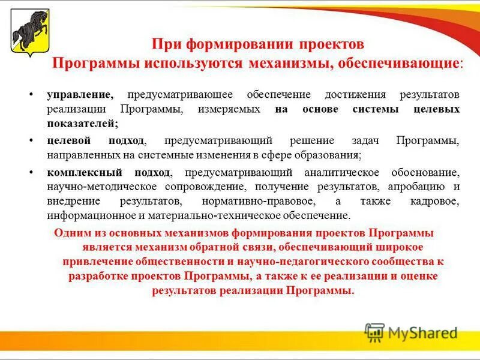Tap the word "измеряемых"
232,109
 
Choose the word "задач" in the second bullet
366,140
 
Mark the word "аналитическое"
347,173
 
